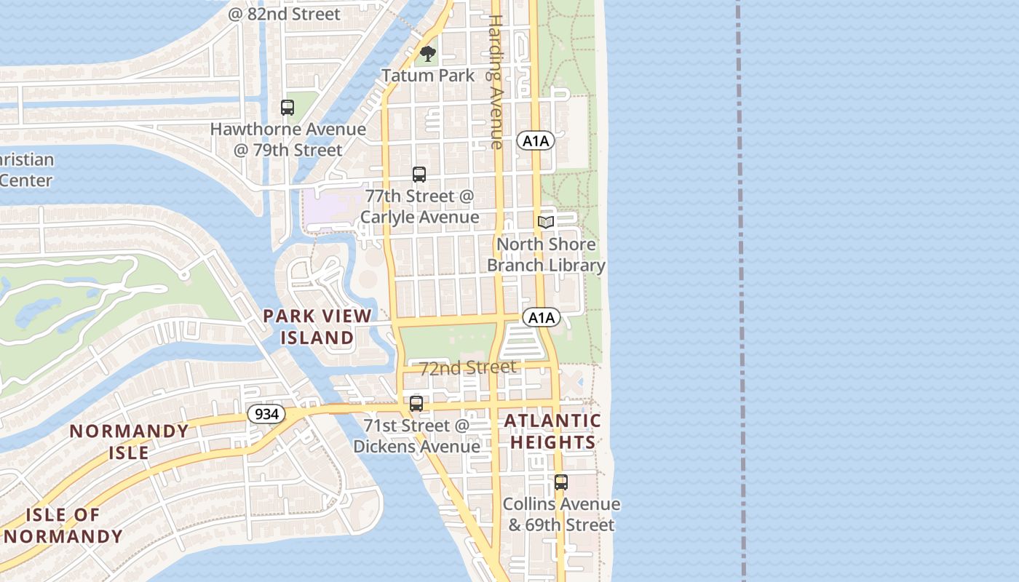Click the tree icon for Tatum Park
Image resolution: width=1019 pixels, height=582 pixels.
[428, 53]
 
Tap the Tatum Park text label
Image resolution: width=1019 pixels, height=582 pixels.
[428, 75]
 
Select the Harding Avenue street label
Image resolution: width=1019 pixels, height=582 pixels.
[496, 81]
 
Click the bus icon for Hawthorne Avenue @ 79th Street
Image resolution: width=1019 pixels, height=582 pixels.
[288, 108]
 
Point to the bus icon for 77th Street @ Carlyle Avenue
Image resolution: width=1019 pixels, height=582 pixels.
[419, 174]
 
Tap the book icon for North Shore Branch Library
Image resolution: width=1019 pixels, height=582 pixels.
[546, 222]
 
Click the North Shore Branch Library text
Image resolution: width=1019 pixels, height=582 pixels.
[546, 255]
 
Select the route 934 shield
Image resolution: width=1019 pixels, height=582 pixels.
[266, 414]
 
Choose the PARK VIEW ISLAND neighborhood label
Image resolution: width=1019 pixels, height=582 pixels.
[317, 327]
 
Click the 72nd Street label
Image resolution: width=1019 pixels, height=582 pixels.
[467, 368]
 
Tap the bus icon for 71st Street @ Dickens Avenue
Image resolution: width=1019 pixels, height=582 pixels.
[416, 403]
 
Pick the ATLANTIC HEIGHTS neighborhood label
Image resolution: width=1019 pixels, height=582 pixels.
[552, 431]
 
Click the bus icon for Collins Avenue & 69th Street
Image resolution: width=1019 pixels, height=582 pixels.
[560, 482]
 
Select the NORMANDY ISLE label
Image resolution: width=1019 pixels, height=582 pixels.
[129, 442]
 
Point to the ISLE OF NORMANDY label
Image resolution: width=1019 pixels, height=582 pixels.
[63, 526]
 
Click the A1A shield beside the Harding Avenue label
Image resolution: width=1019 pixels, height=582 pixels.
[536, 140]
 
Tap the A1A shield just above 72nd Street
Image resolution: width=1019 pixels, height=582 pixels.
[541, 317]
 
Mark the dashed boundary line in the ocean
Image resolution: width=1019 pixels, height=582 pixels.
[740, 291]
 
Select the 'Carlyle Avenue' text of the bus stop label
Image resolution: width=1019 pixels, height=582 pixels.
[419, 217]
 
